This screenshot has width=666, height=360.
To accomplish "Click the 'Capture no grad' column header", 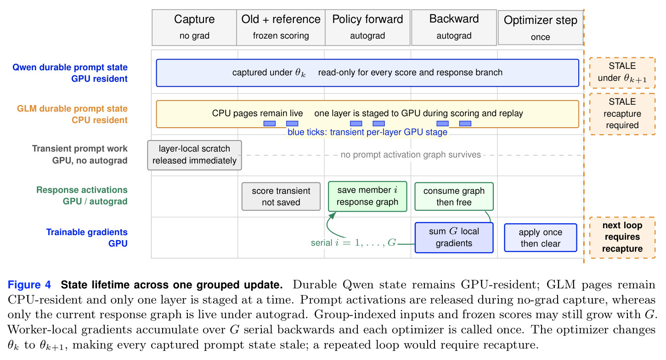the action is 194,28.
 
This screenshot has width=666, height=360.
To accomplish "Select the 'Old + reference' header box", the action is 281,28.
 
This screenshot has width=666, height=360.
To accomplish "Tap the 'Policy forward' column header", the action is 367,28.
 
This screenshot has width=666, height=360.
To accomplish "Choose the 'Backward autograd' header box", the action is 454,28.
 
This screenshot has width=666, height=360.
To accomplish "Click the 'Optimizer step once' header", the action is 540,28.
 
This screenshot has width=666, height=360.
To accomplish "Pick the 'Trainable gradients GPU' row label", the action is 86,237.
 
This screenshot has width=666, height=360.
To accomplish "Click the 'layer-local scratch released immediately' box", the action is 194,155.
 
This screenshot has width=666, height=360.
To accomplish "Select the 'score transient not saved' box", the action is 281,197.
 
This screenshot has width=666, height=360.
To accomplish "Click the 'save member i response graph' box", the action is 367,196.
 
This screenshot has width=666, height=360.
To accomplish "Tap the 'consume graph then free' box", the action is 454,197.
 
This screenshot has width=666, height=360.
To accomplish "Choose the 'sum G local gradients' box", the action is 454,237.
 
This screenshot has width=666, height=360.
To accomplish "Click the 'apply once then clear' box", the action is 541,237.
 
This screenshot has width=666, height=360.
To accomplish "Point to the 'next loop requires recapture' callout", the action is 622,237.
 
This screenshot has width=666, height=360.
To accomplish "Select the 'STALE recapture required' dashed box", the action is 622,114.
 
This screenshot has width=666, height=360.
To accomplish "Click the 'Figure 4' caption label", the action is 29,285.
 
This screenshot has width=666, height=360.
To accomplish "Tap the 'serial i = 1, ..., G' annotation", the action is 354,242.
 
